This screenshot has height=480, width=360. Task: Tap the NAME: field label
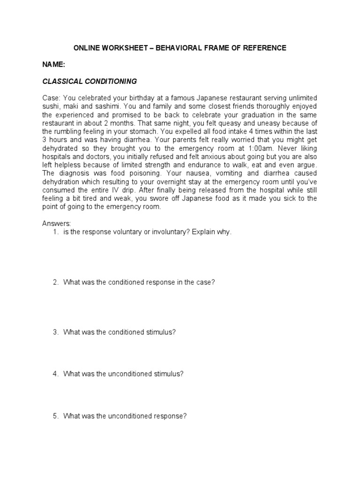pyautogui.click(x=54, y=65)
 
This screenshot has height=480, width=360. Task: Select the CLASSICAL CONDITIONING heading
pyautogui.click(x=90, y=82)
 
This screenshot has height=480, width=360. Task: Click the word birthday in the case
pyautogui.click(x=135, y=98)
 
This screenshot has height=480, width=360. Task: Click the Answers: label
pyautogui.click(x=56, y=224)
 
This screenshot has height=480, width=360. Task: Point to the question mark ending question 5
pyautogui.click(x=185, y=416)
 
